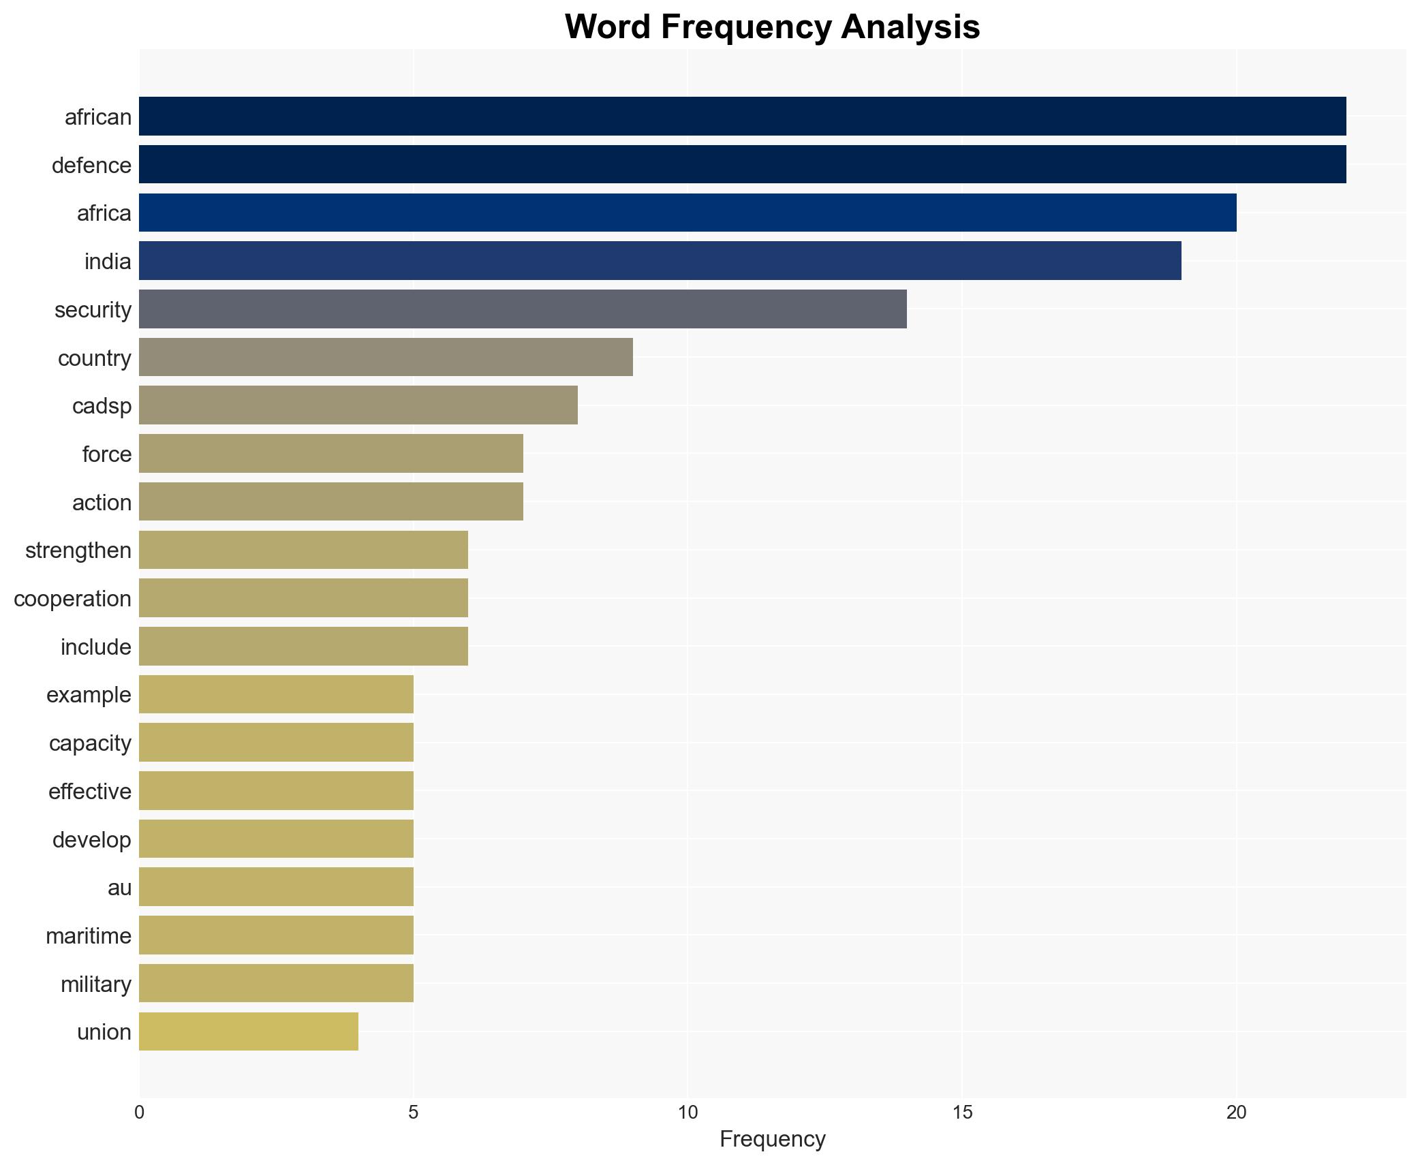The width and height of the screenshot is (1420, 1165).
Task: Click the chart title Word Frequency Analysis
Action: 772,27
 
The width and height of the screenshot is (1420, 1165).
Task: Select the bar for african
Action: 742,117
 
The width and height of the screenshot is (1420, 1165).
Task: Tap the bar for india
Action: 660,261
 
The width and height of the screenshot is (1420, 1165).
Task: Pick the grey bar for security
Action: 523,309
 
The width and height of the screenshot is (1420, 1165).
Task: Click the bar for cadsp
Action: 358,405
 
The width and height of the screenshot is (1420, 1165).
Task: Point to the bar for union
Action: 249,1031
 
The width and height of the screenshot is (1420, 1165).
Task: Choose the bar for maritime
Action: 276,935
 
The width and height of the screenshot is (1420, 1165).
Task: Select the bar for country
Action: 386,357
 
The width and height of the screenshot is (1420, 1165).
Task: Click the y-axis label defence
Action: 91,165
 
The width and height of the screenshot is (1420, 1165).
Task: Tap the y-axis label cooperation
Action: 72,599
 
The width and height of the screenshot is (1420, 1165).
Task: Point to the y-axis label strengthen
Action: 78,550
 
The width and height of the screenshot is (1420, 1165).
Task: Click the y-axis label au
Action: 119,888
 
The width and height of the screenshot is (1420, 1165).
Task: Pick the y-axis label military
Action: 95,984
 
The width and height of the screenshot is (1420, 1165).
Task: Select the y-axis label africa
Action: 104,213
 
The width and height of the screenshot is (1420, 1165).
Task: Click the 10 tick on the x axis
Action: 688,1113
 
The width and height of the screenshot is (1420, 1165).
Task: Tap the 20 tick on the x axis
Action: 1236,1113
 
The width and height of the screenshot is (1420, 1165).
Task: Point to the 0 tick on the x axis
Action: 139,1113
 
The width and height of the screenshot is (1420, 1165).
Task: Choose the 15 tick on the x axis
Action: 961,1113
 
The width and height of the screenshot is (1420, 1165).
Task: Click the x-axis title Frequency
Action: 772,1139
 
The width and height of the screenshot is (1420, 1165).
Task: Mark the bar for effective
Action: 276,791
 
